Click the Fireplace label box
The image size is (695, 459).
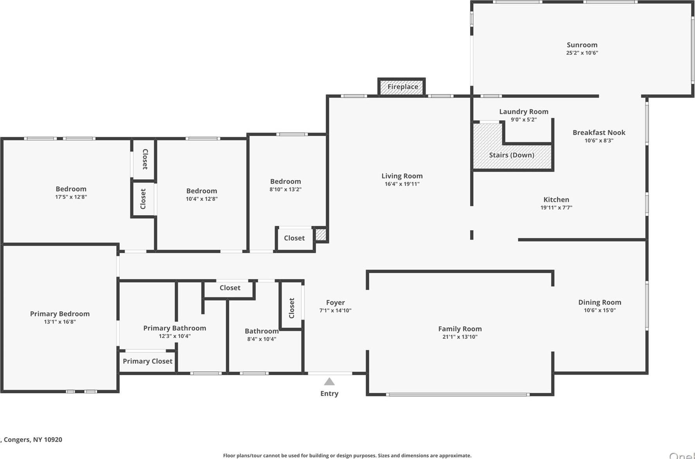pyautogui.click(x=402, y=87)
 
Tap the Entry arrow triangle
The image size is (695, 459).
pyautogui.click(x=329, y=382)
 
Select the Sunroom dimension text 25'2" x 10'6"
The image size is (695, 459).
pyautogui.click(x=582, y=53)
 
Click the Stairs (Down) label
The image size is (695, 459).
pyautogui.click(x=512, y=155)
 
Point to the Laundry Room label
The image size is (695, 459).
pyautogui.click(x=524, y=112)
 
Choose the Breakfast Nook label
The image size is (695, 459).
pyautogui.click(x=599, y=132)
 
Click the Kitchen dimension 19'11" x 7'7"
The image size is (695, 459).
pyautogui.click(x=556, y=208)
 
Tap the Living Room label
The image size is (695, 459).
pyautogui.click(x=402, y=176)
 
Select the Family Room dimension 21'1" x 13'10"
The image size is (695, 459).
pyautogui.click(x=460, y=337)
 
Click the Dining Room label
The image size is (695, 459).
pyautogui.click(x=600, y=302)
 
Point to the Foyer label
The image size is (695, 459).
pyautogui.click(x=335, y=302)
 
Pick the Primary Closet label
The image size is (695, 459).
pyautogui.click(x=147, y=361)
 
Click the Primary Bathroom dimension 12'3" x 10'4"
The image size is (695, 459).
pyautogui.click(x=174, y=336)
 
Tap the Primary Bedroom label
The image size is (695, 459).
pyautogui.click(x=60, y=314)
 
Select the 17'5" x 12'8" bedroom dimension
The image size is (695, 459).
pyautogui.click(x=71, y=197)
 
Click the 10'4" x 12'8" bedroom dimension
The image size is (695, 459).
pyautogui.click(x=201, y=199)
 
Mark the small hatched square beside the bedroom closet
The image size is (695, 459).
pyautogui.click(x=321, y=234)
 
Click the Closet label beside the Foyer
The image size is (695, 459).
pyautogui.click(x=291, y=308)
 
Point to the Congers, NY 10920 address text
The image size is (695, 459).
pyautogui.click(x=33, y=439)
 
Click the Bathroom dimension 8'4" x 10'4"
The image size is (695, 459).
pyautogui.click(x=262, y=339)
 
